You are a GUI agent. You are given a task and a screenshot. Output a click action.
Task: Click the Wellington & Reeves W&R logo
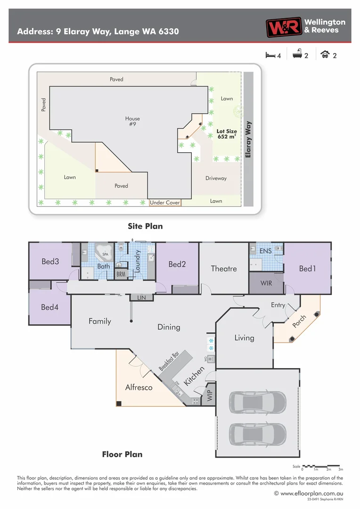coord(283,27)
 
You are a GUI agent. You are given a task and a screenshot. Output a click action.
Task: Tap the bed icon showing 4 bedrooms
coord(270,55)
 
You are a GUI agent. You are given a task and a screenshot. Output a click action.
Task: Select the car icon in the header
coord(325,55)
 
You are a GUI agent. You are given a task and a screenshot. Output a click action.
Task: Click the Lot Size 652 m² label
coord(227,134)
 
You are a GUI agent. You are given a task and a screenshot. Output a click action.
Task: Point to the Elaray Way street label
coord(248,140)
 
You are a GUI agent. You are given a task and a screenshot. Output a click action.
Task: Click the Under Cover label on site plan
coord(165,203)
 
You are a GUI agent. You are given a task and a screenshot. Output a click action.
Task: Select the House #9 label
coord(132,122)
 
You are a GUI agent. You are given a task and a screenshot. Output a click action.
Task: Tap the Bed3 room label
coord(50,261)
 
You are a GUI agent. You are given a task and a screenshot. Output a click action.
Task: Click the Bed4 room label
coord(49,307)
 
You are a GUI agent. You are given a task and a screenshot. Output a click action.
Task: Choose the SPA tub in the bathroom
coord(103,252)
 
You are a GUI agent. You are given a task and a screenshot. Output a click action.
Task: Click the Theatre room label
coord(223,269)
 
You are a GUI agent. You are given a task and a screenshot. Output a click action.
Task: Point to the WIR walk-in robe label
coord(266,283)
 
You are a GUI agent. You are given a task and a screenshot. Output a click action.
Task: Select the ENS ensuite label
coord(265,251)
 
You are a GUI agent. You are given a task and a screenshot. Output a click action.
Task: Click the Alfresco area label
coord(139,387)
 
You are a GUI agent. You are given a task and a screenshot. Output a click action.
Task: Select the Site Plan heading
coord(145,226)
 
